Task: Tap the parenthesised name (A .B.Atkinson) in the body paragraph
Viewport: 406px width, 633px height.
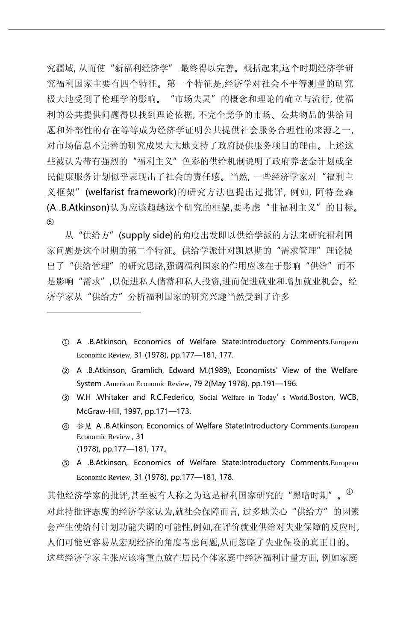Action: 78,208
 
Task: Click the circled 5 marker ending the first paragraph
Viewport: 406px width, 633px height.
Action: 50,222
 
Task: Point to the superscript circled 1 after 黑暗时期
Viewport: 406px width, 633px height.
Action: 349,492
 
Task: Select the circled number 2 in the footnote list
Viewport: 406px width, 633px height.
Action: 66,371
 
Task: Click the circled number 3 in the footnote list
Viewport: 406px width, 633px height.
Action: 66,398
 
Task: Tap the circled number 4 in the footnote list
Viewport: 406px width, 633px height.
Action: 66,426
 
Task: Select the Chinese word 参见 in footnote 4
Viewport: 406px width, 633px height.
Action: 84,426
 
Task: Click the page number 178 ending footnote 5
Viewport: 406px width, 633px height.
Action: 227,477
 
